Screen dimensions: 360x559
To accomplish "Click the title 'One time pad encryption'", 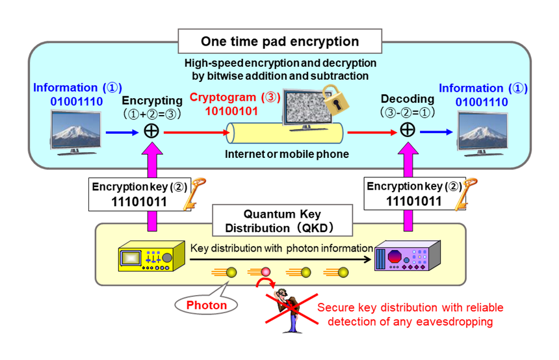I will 279,42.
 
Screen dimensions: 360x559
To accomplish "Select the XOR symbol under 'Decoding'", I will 407,130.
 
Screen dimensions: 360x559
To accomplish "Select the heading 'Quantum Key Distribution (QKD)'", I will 281,222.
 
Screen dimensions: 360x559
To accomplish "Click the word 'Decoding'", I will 407,99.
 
